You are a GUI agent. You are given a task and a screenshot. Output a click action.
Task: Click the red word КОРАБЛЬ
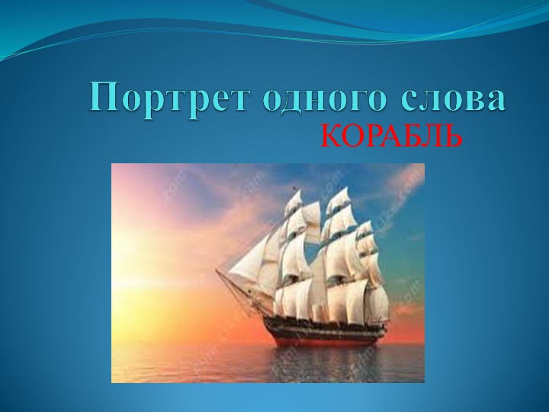[391, 136]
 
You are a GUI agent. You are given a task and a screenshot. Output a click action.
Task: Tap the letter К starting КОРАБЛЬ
[329, 136]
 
